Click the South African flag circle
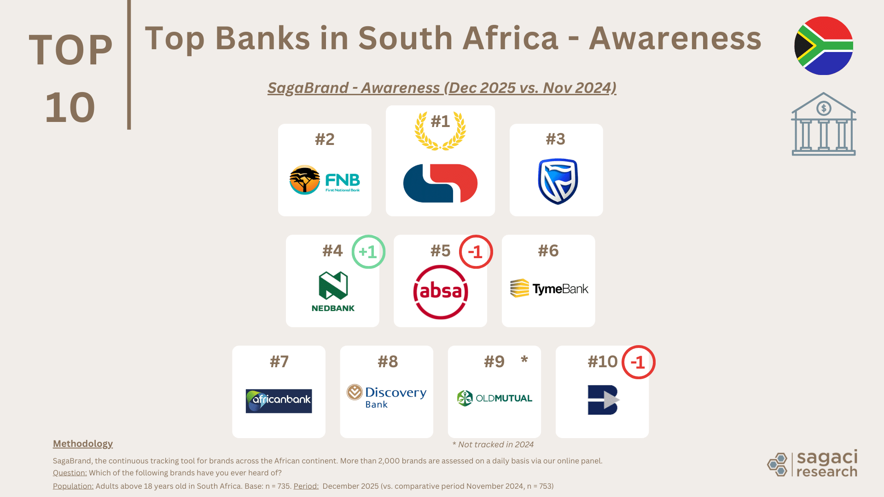824,46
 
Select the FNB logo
325,180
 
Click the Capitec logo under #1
440,183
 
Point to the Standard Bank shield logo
558,181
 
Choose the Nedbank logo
333,291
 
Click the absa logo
441,292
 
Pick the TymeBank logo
549,289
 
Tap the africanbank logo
279,401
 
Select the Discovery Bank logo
387,397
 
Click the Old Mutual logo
494,398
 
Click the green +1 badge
368,252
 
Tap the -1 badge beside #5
476,252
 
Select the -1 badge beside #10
638,362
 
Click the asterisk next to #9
524,359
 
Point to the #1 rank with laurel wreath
440,130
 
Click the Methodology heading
83,444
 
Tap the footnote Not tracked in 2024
493,445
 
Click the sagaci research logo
812,463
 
